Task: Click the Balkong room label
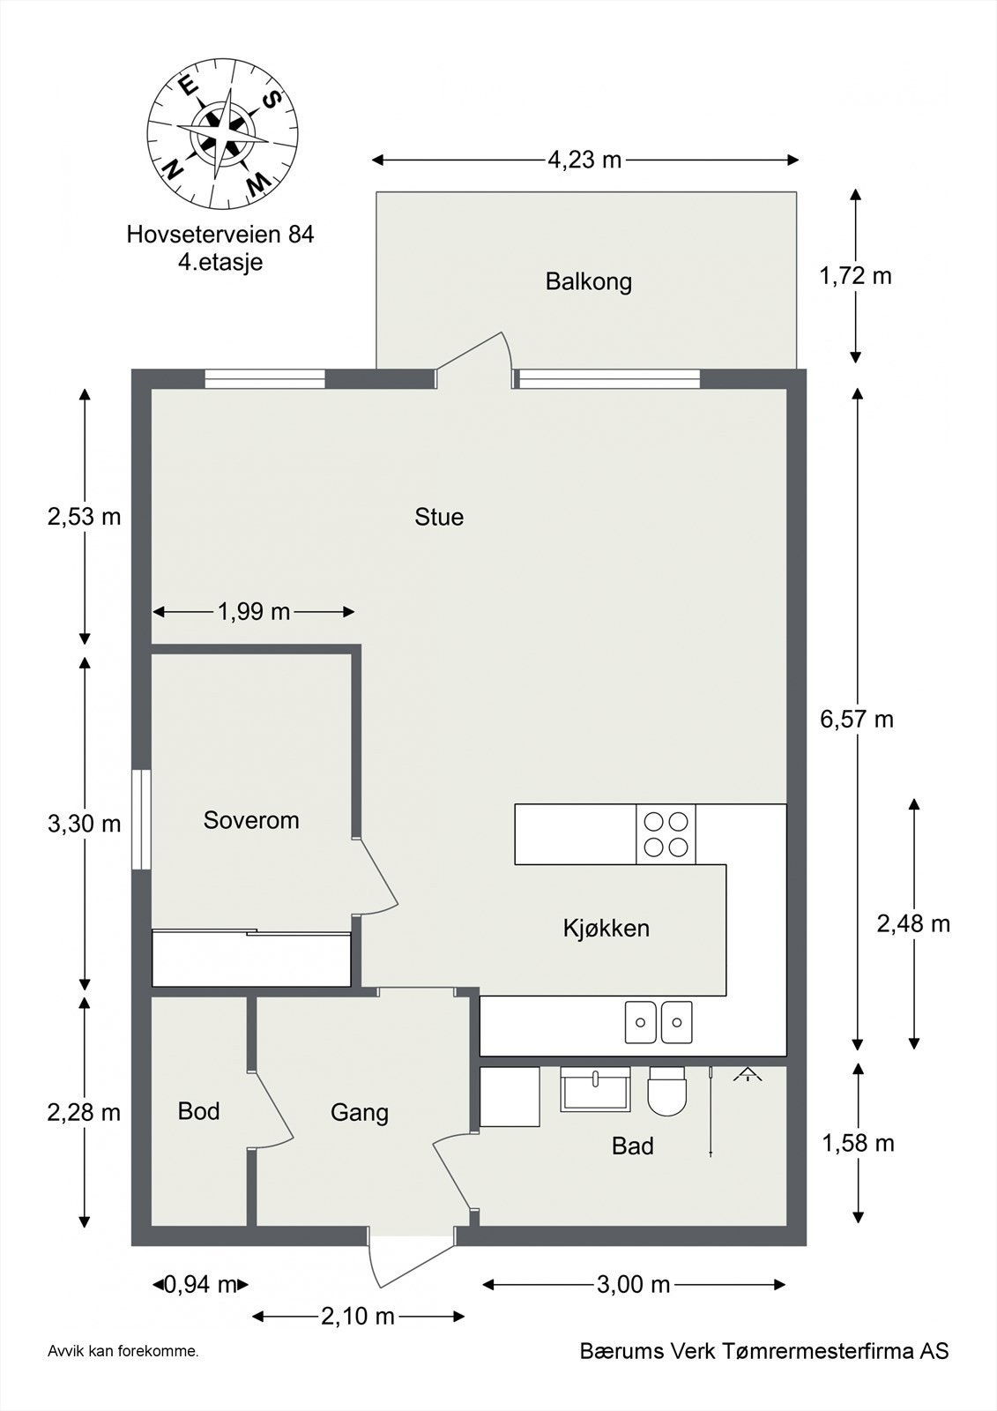point(588,282)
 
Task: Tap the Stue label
point(439,517)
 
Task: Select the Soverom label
point(251,820)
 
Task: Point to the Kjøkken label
point(606,928)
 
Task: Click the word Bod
point(198,1111)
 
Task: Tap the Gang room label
point(360,1113)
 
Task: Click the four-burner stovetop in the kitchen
point(666,834)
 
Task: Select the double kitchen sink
point(658,1022)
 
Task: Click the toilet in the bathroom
point(666,1091)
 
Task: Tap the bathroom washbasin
point(596,1088)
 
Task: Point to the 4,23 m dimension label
point(584,160)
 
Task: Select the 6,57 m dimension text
point(857,720)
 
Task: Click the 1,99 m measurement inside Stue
point(254,611)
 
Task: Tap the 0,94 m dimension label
point(201,1284)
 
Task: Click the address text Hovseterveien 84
point(220,235)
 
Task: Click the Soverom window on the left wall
point(141,820)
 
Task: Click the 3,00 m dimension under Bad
point(633,1284)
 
